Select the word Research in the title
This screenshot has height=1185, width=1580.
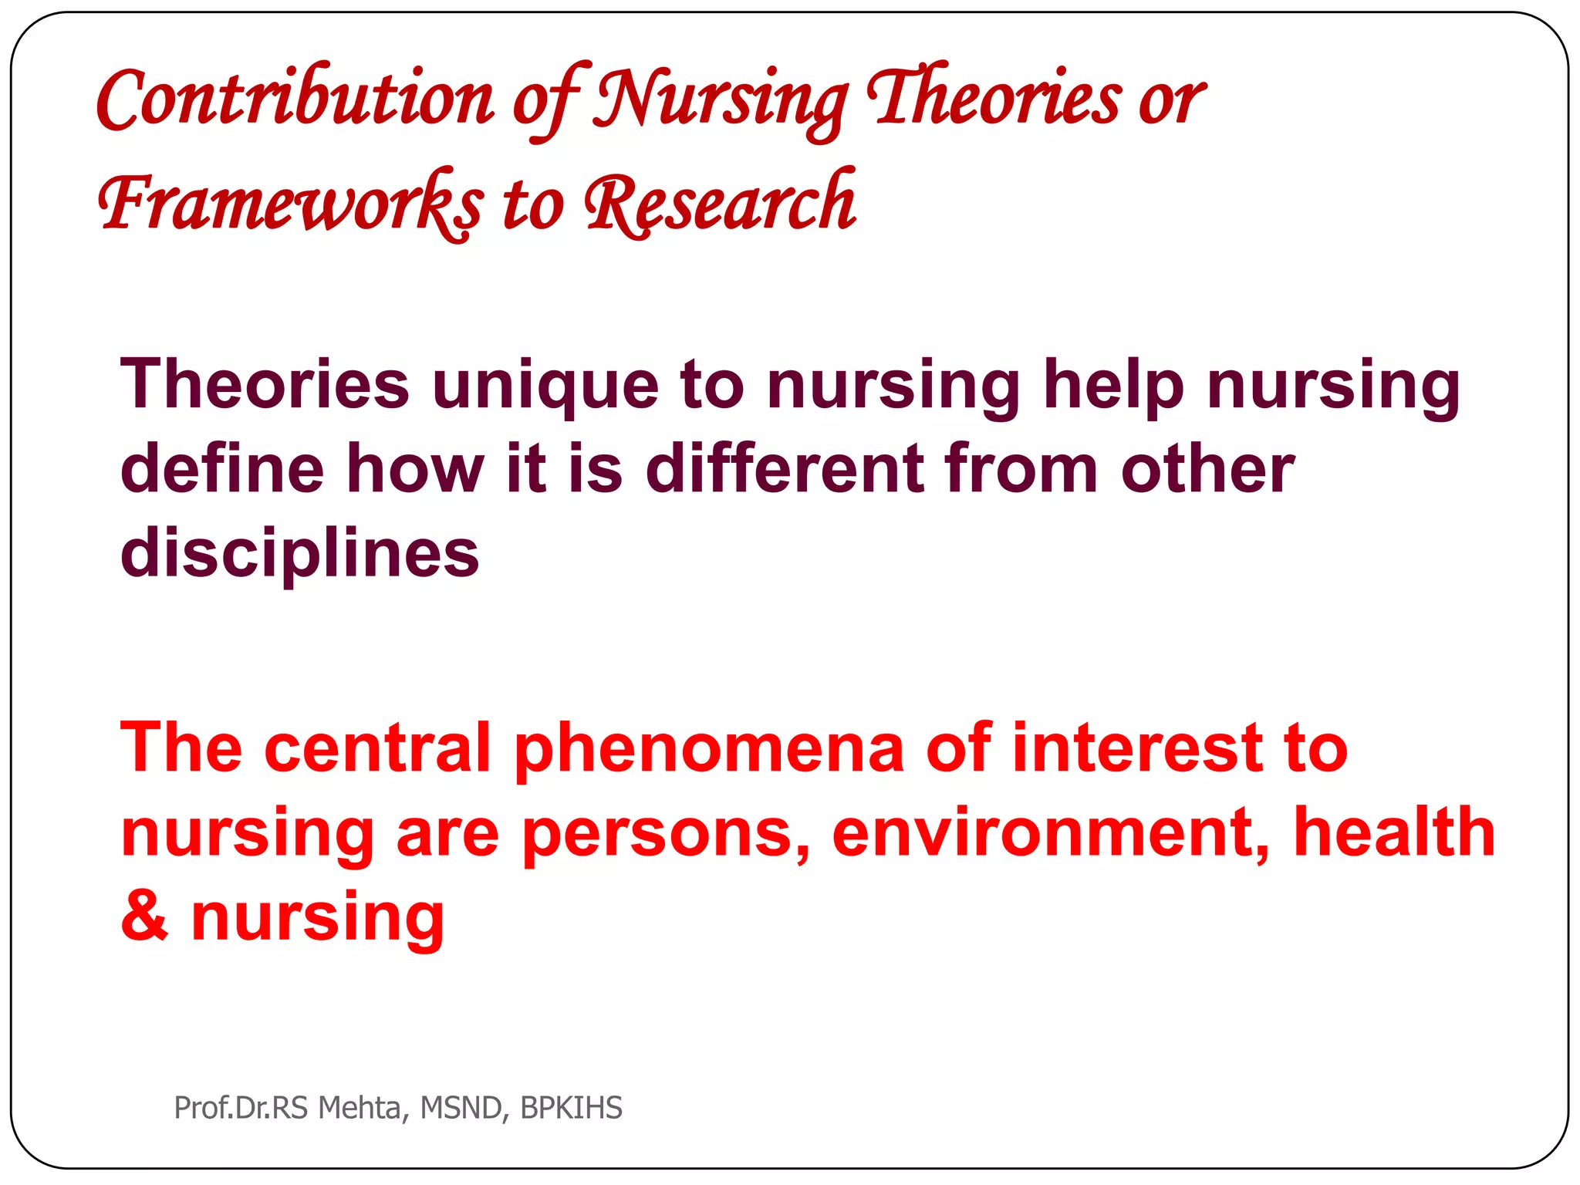(720, 203)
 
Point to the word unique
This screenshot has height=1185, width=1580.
(545, 386)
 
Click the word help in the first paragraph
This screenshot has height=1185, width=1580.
(1113, 386)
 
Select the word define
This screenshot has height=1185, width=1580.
(222, 469)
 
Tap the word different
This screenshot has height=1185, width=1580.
(785, 469)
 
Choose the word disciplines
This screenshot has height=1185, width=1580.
(299, 554)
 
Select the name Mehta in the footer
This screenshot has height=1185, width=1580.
(359, 1108)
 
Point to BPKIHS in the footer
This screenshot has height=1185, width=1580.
(571, 1108)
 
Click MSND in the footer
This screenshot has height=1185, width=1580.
(461, 1108)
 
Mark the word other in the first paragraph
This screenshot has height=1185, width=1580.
(1207, 469)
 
